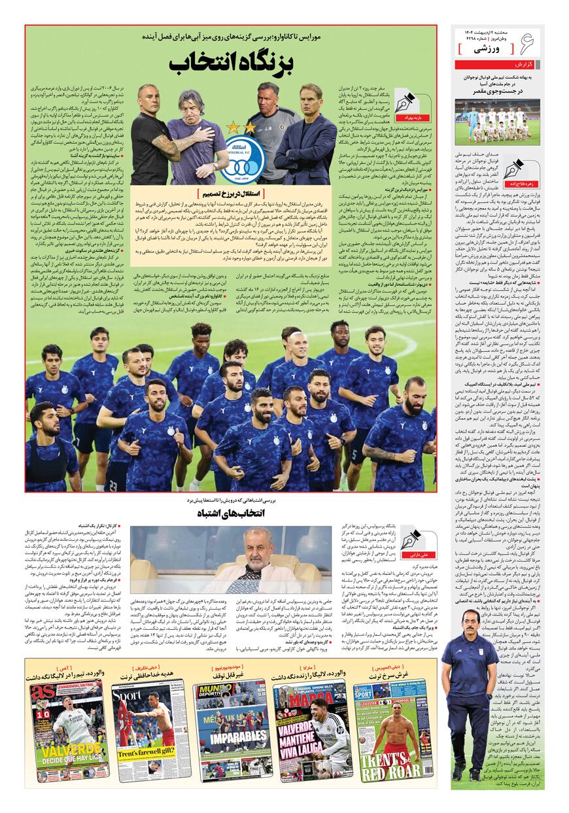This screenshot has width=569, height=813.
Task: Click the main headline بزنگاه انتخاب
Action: (x=231, y=64)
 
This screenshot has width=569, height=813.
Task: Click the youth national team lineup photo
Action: (x=497, y=122)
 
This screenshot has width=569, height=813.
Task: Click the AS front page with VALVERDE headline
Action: (x=70, y=730)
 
